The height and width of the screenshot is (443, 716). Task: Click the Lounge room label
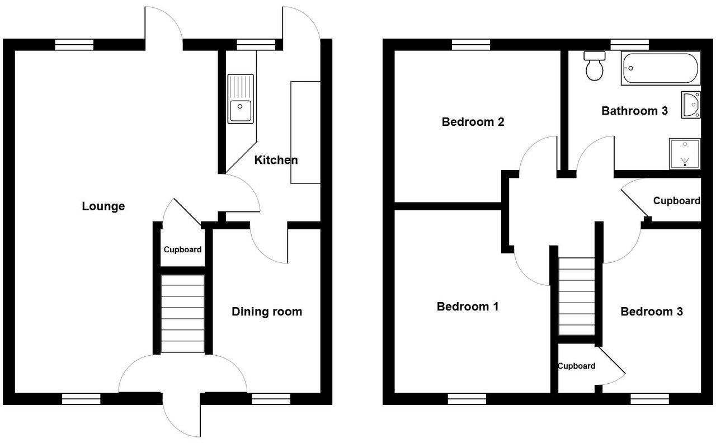pos(103,206)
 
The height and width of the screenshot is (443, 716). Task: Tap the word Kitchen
pos(276,161)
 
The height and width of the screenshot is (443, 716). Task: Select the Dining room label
pos(267,312)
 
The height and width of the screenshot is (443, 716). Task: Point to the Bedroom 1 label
pos(468,307)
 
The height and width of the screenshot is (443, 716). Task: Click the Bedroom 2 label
pos(473,122)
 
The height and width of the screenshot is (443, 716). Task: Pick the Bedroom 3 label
pos(651,312)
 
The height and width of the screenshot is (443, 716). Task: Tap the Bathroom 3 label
pos(634,111)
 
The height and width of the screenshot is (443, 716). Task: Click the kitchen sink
pos(241,99)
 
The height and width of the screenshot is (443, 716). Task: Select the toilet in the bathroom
pos(593,65)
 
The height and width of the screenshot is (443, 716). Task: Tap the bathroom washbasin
pos(691,105)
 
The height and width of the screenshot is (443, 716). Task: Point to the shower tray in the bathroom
pos(685,154)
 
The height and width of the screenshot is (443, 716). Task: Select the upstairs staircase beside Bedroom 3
pos(576,296)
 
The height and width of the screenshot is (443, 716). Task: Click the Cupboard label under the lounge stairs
pos(182,249)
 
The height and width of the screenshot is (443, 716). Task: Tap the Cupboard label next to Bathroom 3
pos(676,201)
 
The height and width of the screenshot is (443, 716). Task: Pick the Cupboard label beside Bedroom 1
pos(576,366)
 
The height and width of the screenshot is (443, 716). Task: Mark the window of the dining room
pos(271,398)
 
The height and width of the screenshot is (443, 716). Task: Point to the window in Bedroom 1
pos(467,398)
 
